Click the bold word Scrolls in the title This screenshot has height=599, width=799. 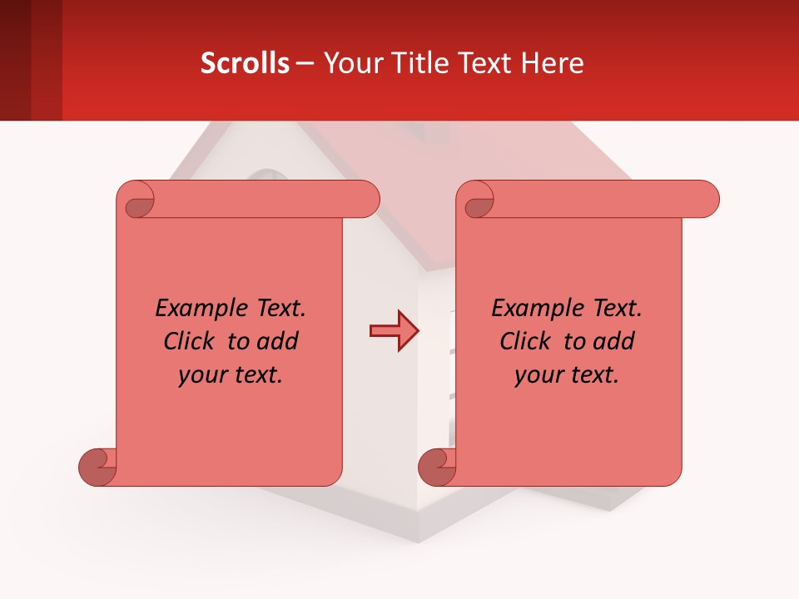point(245,63)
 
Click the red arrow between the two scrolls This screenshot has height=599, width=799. point(395,331)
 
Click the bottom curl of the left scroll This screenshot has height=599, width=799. point(97,466)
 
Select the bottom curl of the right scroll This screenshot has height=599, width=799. point(437,466)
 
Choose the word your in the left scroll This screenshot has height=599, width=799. point(202,375)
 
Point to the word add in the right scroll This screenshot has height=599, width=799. point(614,341)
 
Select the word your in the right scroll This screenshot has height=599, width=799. point(538,375)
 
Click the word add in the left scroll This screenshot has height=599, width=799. point(278,341)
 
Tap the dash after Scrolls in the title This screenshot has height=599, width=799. point(305,63)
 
